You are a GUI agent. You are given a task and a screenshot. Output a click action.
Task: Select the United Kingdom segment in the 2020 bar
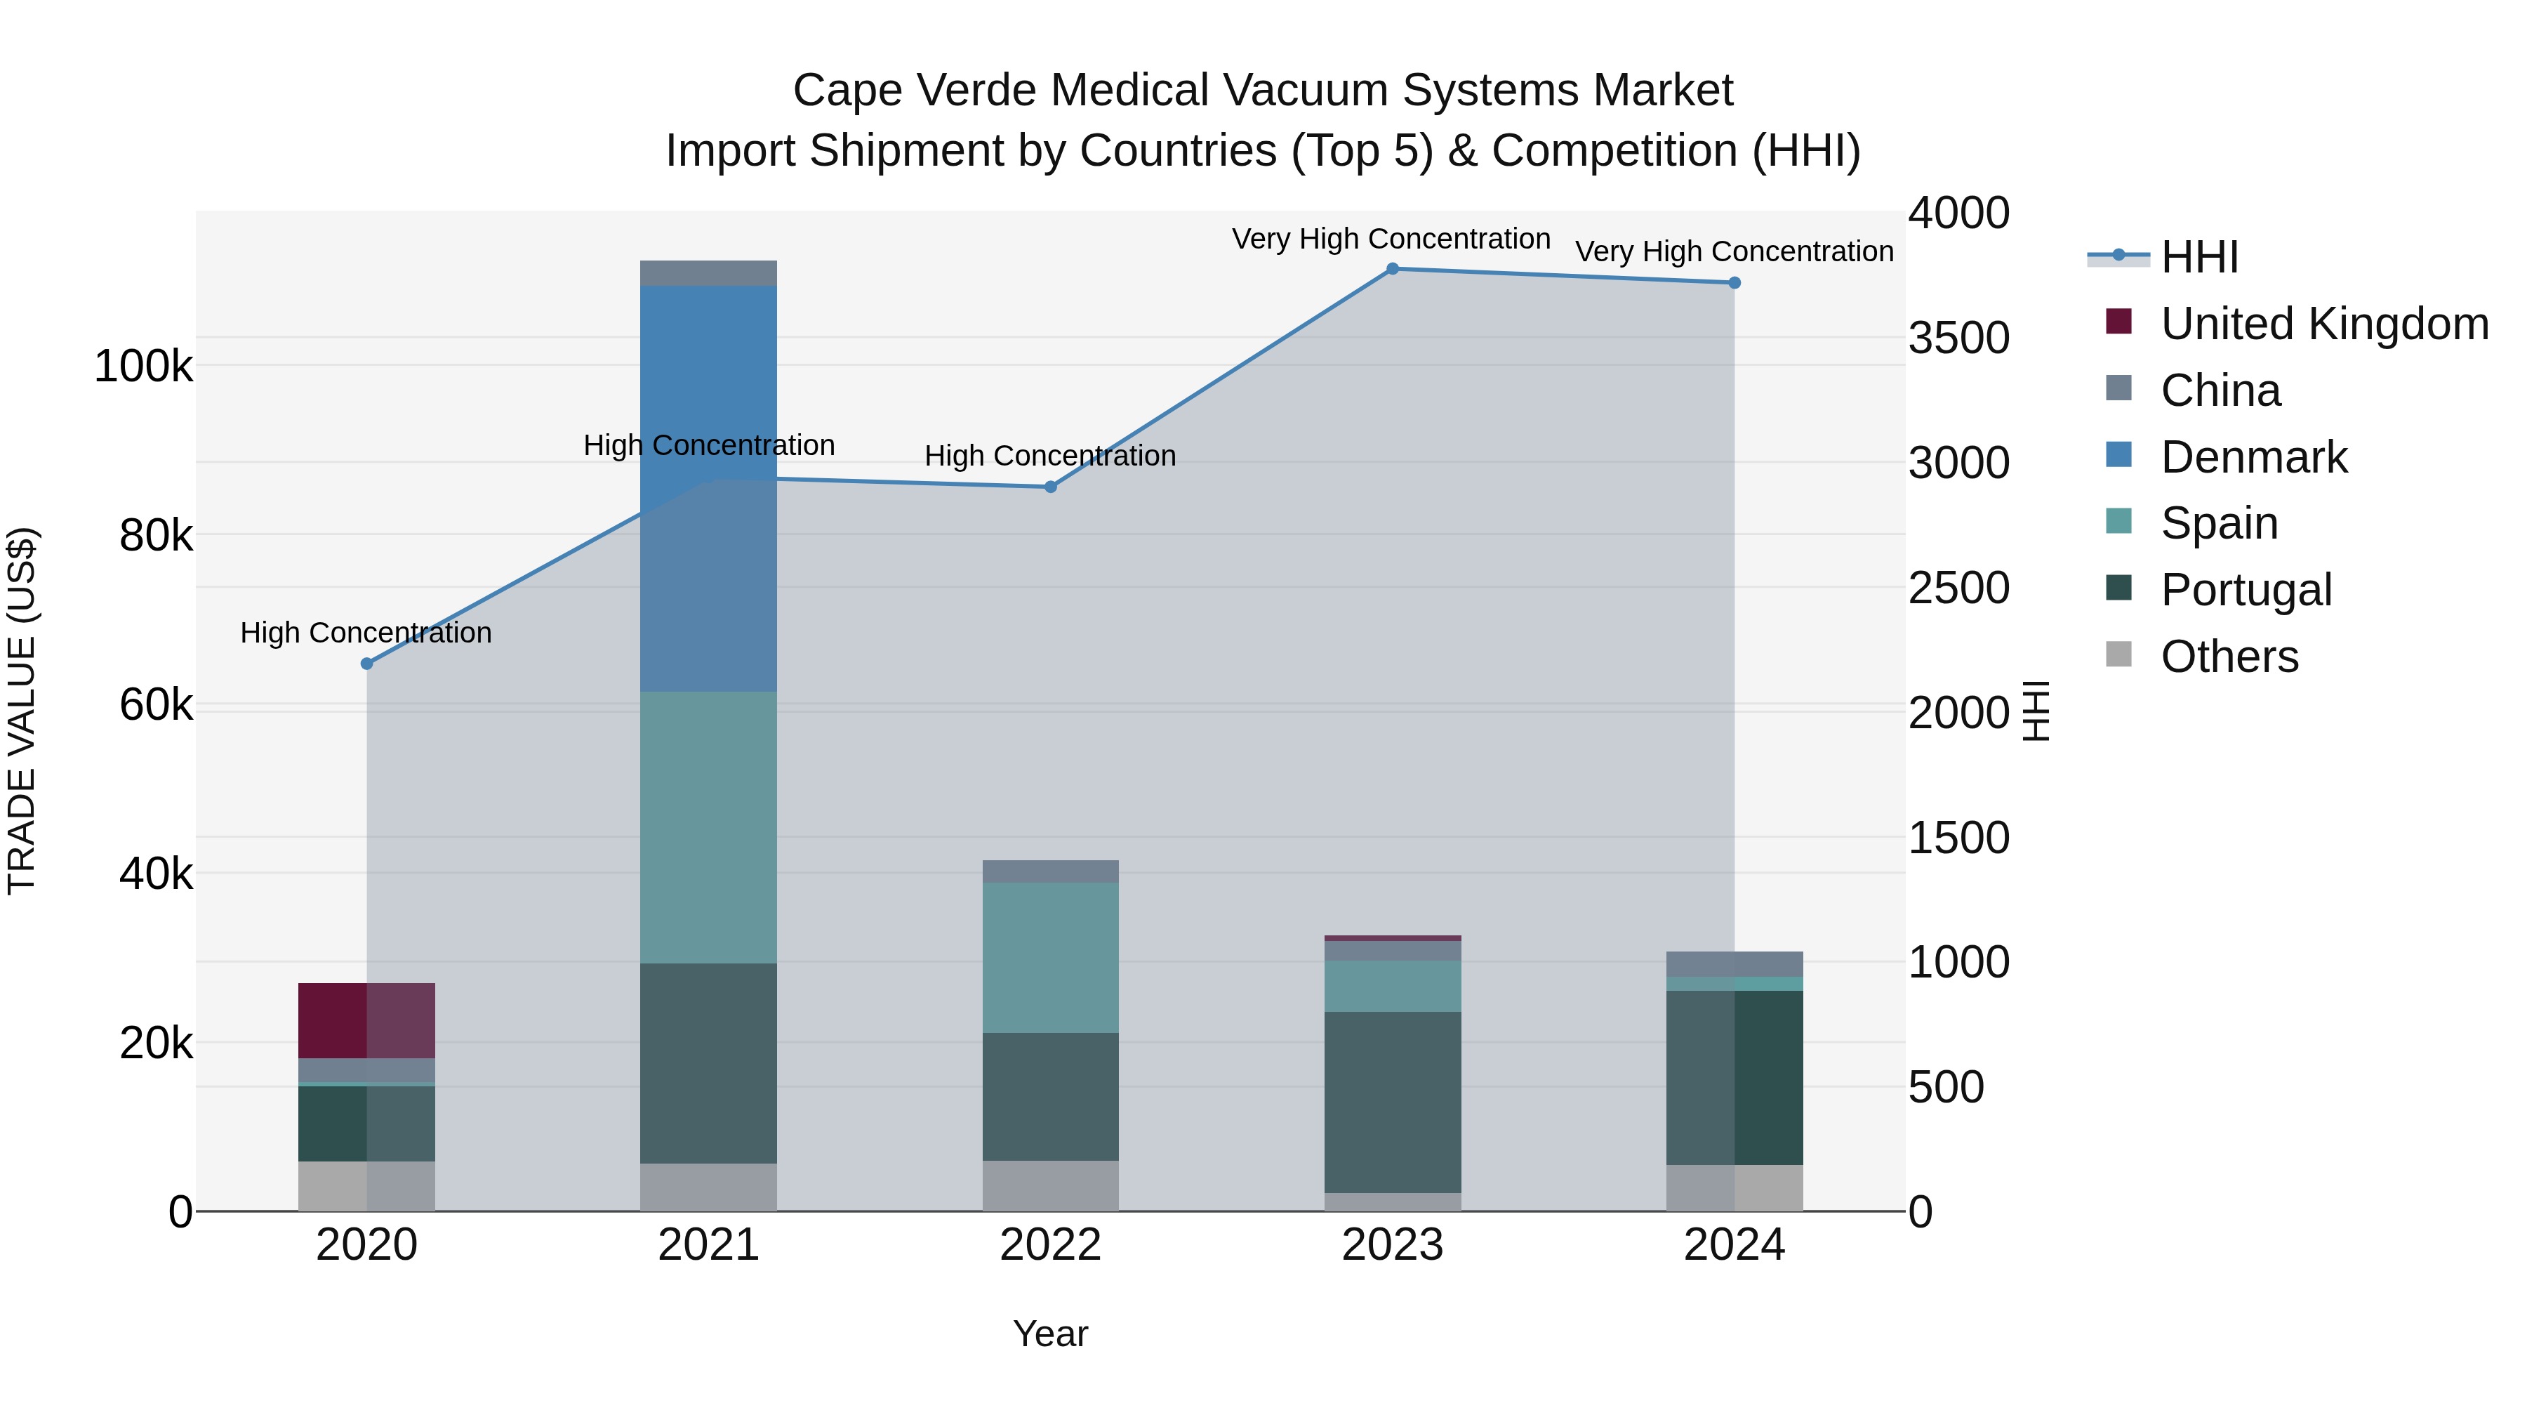tap(366, 1020)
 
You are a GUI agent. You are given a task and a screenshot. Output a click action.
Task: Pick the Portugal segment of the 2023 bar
tap(1392, 1102)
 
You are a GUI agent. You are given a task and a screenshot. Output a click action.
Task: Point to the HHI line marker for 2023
tap(1392, 269)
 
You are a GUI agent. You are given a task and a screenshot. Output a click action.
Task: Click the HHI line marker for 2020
tap(367, 664)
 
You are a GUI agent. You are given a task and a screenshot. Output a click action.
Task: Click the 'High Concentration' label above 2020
tap(366, 633)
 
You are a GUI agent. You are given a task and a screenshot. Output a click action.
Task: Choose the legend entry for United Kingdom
tap(2323, 324)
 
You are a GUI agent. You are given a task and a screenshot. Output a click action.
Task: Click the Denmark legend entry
tap(2253, 457)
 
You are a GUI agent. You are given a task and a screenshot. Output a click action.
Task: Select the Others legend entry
tap(2229, 657)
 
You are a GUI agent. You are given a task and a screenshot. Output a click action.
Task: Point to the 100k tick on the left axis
tap(143, 367)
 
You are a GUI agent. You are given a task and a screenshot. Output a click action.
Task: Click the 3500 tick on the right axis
tap(1958, 338)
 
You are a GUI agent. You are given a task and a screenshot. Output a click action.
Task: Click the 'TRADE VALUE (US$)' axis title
tap(22, 711)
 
